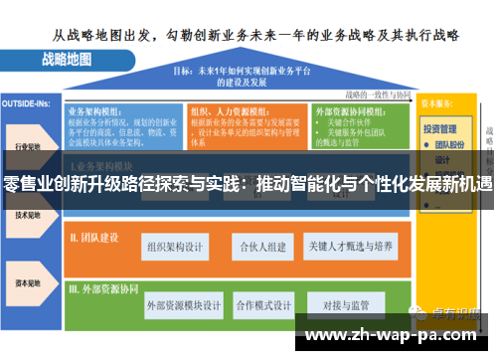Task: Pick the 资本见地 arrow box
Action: tap(28, 281)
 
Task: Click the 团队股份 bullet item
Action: tap(452, 144)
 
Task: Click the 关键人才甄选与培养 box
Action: tap(357, 246)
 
